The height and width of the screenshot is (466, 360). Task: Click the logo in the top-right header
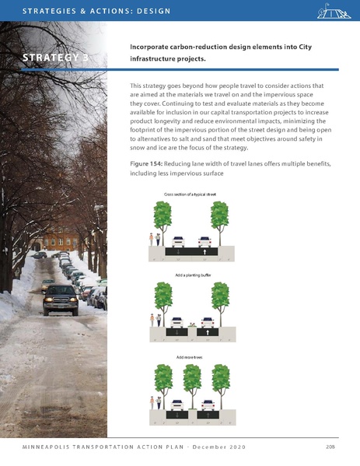[x=332, y=12]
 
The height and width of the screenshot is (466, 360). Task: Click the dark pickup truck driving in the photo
[x=61, y=299]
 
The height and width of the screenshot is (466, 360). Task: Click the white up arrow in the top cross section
[x=204, y=253]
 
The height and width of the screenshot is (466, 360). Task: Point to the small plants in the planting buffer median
[x=192, y=322]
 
